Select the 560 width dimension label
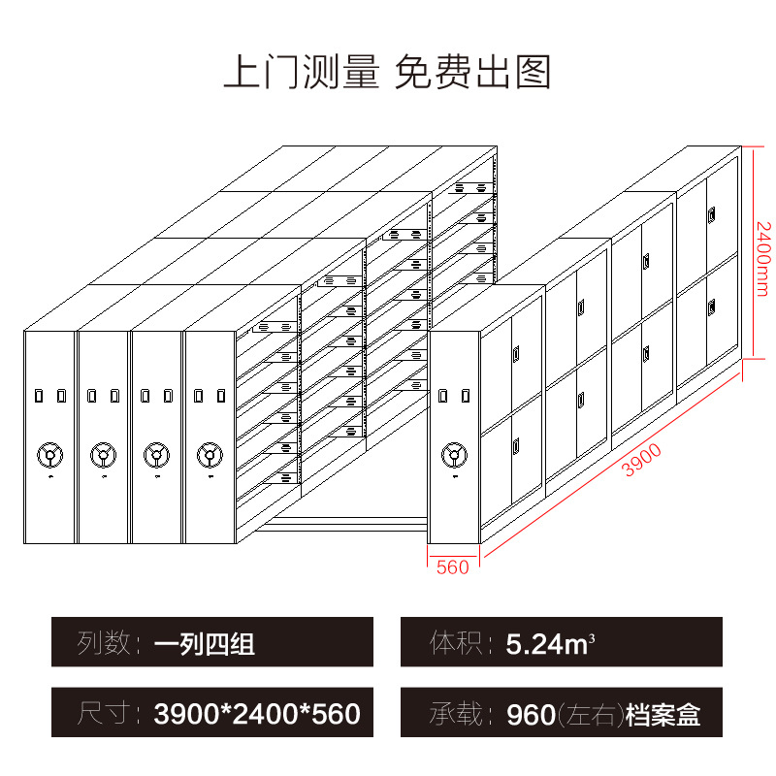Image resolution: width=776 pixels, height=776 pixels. [453, 567]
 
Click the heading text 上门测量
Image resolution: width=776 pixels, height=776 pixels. [301, 73]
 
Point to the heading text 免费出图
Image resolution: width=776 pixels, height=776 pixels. [473, 73]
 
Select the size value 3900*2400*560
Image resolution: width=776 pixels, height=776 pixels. [257, 716]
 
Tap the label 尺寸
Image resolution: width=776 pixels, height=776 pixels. [102, 716]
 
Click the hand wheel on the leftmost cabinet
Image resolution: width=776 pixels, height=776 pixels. [48, 453]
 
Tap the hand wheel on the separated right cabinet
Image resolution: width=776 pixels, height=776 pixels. [454, 454]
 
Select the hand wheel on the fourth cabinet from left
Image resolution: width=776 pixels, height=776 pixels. [208, 453]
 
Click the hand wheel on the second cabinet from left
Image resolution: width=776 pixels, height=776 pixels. [102, 453]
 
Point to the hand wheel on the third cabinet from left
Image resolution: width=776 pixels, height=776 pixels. [155, 453]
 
